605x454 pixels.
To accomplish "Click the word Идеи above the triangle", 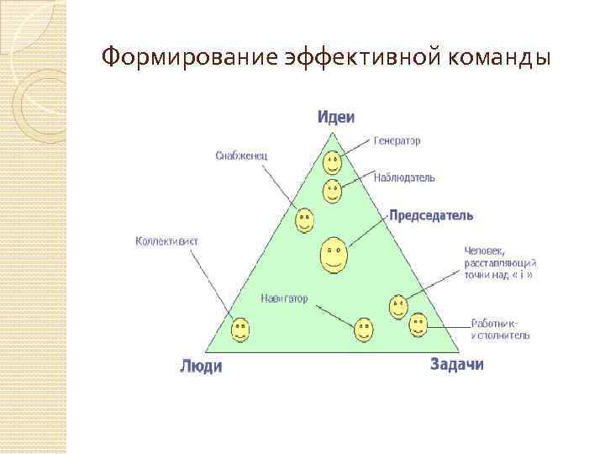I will coord(336,116).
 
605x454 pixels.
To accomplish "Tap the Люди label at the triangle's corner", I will coord(202,366).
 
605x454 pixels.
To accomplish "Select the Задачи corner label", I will coord(457,364).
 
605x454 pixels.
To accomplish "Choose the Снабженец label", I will coord(241,155).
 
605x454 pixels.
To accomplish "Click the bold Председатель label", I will coord(431,215).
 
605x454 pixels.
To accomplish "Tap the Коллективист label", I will coord(166,240).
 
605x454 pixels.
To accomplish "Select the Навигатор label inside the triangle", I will coord(284,298).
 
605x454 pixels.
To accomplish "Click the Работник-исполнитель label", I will coord(500,329).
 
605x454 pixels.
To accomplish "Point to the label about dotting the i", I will coord(500,262).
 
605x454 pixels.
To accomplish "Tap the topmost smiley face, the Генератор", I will coord(333,161).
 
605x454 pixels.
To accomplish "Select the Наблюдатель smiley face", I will coord(333,190).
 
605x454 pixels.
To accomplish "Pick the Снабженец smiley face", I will coord(305,221).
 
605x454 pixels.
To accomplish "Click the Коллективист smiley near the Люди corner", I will coord(240,329).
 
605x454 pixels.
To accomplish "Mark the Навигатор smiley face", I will coord(364,329).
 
